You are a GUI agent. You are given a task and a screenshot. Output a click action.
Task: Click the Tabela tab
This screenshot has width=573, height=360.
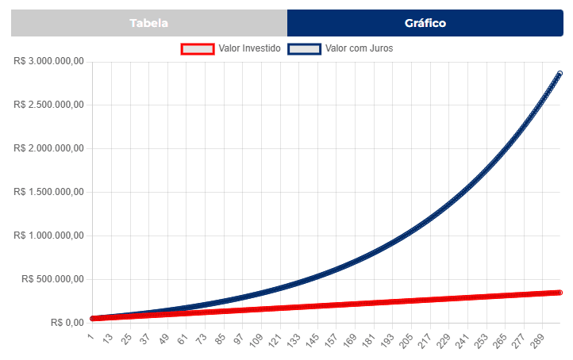point(149,23)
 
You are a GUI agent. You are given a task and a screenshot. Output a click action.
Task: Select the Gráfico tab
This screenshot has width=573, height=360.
point(425,23)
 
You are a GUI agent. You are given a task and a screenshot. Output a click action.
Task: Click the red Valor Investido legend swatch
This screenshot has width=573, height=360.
point(198,48)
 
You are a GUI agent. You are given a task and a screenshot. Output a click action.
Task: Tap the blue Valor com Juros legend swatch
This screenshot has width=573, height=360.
point(305,48)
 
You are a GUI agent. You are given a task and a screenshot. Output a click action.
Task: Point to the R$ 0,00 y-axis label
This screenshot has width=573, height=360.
point(67,323)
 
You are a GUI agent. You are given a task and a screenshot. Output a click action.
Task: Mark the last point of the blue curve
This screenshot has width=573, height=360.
point(560,74)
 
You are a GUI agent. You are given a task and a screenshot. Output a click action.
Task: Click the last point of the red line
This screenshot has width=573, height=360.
point(560,293)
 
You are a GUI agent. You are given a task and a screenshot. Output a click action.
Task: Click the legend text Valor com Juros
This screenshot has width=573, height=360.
point(359,48)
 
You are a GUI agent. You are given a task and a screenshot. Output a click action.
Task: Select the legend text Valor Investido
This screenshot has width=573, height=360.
point(249,48)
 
